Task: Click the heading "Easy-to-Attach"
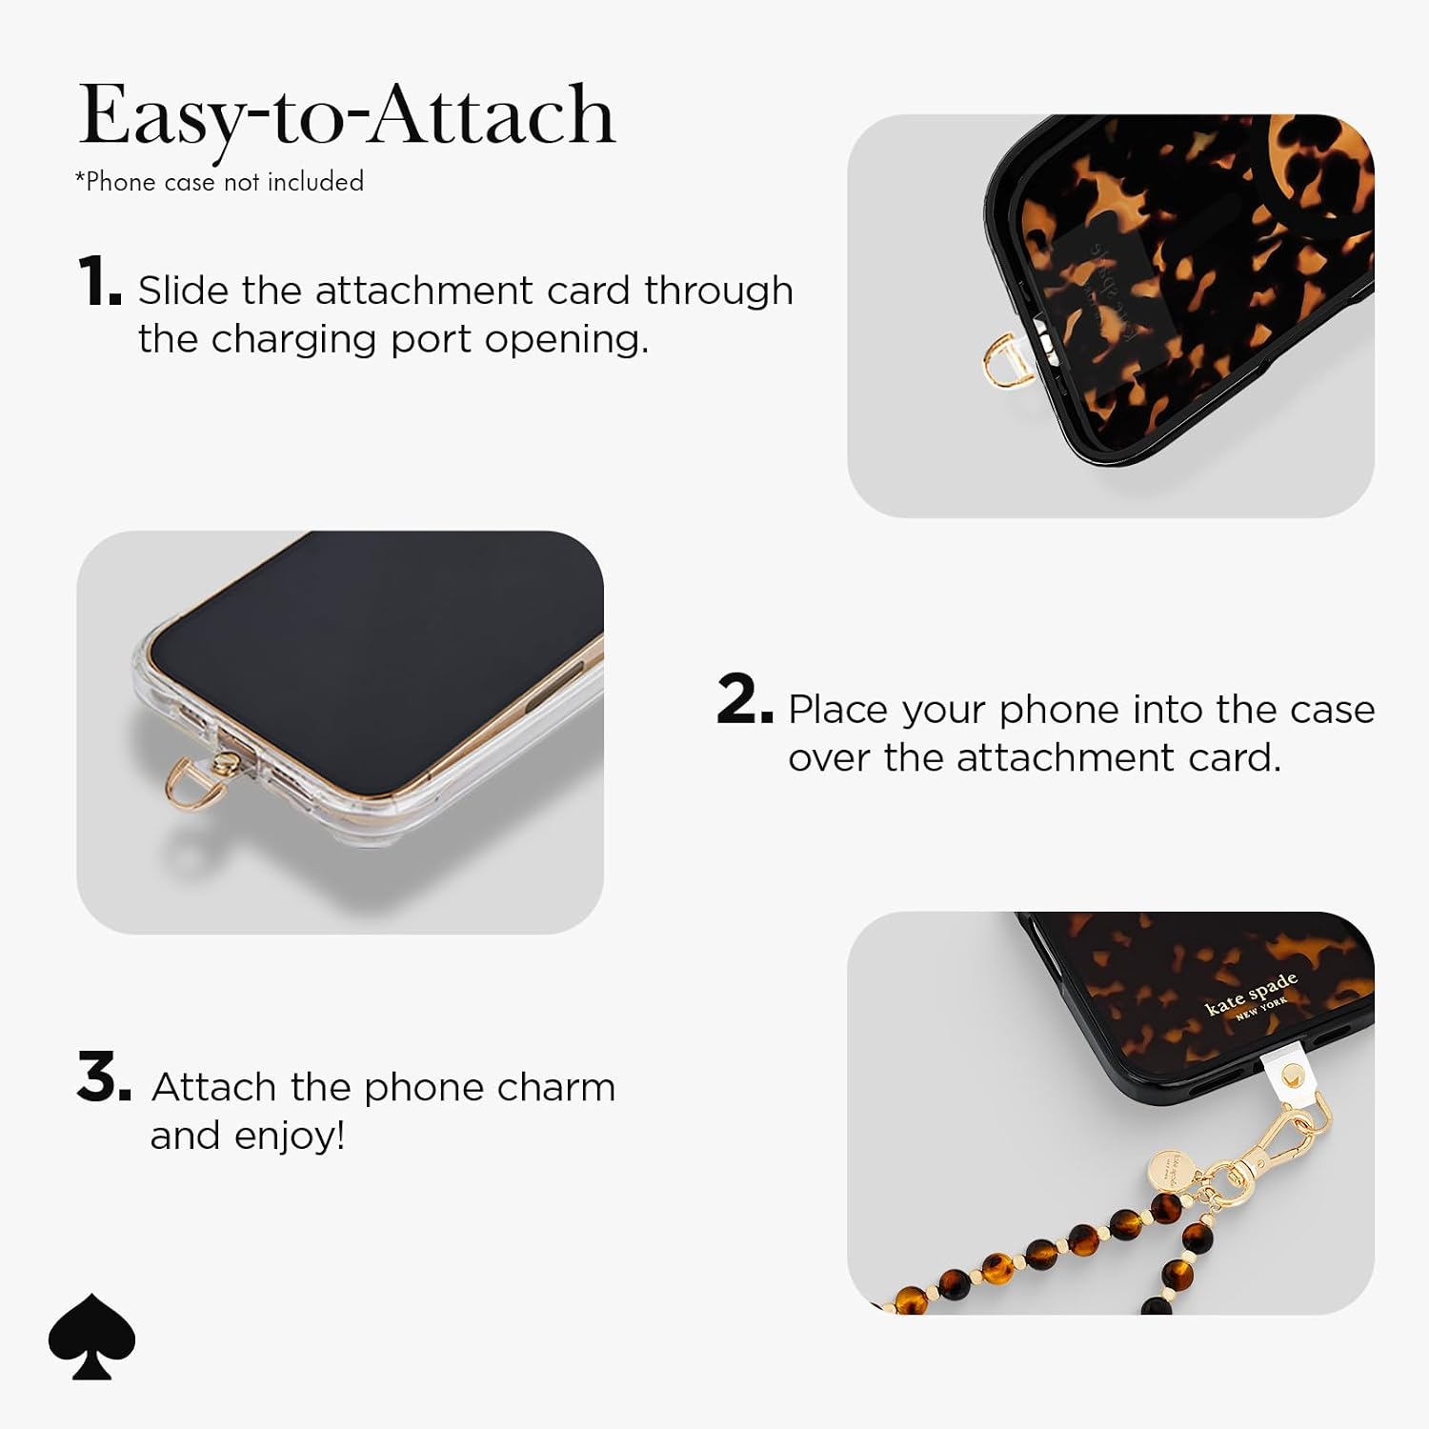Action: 348,117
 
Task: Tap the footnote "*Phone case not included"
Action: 219,181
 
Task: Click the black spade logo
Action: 92,1336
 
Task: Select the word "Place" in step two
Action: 839,709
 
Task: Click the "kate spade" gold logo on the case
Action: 1251,996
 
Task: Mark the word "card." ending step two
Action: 1235,758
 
